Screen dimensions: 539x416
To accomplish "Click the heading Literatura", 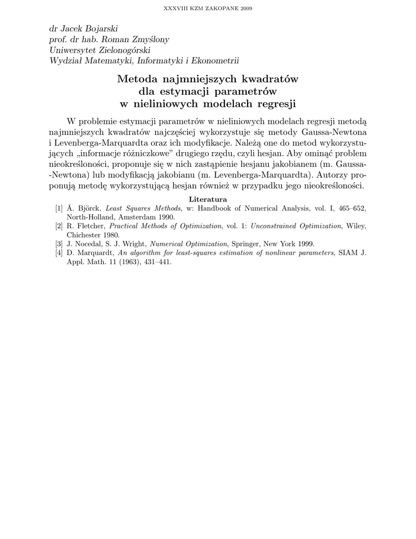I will (x=208, y=199).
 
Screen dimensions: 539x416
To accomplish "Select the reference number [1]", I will (x=59, y=208).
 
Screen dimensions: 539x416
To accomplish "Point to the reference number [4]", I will (x=59, y=253).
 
